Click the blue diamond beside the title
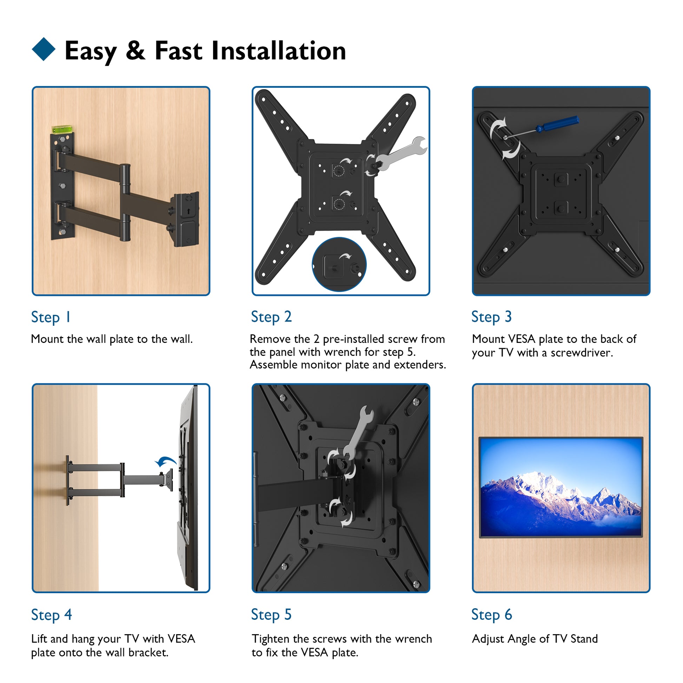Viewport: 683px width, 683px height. point(44,49)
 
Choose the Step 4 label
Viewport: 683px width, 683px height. point(52,615)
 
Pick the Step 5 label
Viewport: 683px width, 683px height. point(271,615)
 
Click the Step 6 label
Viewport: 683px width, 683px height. point(492,615)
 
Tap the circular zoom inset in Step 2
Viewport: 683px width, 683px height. point(339,264)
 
